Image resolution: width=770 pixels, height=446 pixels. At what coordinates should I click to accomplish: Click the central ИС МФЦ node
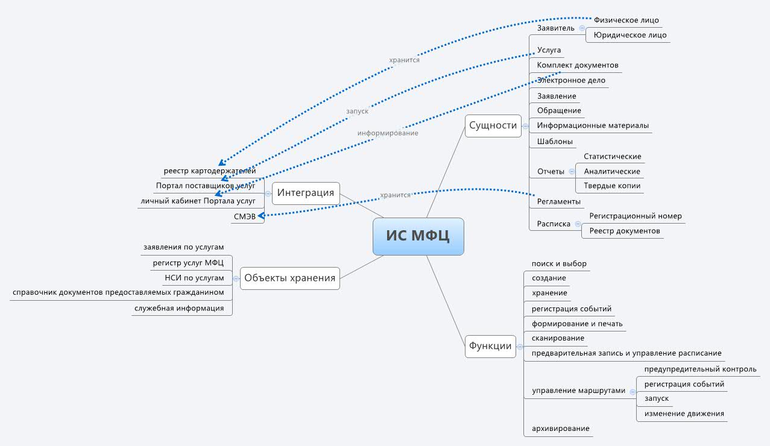418,236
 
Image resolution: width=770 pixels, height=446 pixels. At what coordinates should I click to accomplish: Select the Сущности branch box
493,125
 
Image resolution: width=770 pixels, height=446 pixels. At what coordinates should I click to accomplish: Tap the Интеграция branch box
306,193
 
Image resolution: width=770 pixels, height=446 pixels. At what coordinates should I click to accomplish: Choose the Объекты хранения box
289,278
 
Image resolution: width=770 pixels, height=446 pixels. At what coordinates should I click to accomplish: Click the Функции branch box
490,346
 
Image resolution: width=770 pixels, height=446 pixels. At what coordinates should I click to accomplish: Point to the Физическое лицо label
626,20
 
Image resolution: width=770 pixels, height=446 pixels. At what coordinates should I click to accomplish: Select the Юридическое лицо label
630,35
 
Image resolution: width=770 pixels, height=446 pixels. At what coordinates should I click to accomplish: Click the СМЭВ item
244,216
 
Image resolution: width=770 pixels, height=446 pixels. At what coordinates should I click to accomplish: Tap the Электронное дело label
571,80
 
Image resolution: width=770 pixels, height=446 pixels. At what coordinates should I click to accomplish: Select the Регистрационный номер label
635,216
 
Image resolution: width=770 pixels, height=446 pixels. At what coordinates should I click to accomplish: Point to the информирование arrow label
387,133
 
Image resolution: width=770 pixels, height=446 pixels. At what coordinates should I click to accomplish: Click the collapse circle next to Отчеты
572,171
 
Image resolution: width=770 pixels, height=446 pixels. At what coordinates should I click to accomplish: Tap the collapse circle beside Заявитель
581,28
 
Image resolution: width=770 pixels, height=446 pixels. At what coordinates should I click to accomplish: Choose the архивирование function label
560,429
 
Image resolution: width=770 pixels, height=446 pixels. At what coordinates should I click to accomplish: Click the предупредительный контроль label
700,369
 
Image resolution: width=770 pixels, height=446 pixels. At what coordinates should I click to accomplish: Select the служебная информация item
178,308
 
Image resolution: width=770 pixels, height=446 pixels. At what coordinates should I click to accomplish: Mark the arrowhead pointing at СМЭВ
261,215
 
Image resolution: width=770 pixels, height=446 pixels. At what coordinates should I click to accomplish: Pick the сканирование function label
558,338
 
